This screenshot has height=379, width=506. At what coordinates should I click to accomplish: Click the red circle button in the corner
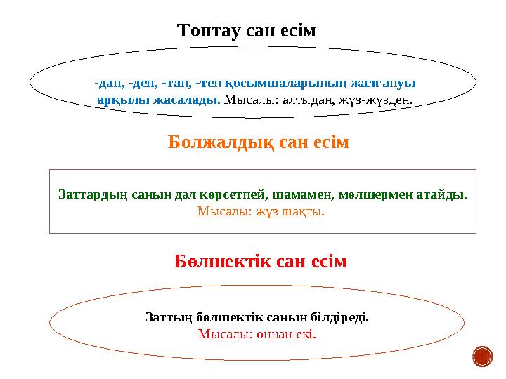tap(483, 357)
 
